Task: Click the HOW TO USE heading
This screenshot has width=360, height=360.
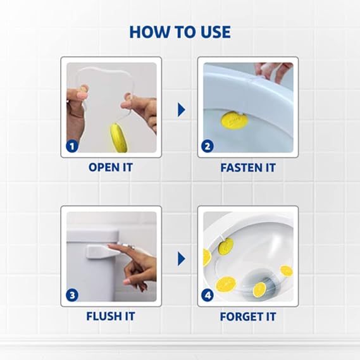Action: (180, 32)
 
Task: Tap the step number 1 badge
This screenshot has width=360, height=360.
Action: (73, 147)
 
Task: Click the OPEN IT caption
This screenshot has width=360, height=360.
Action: (111, 168)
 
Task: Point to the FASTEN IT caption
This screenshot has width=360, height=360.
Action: (247, 168)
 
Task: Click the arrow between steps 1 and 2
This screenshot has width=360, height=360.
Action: (181, 110)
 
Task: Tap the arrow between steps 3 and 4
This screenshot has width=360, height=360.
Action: (181, 258)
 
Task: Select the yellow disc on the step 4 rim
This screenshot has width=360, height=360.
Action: (226, 246)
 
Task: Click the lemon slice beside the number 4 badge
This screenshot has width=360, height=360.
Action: (225, 283)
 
